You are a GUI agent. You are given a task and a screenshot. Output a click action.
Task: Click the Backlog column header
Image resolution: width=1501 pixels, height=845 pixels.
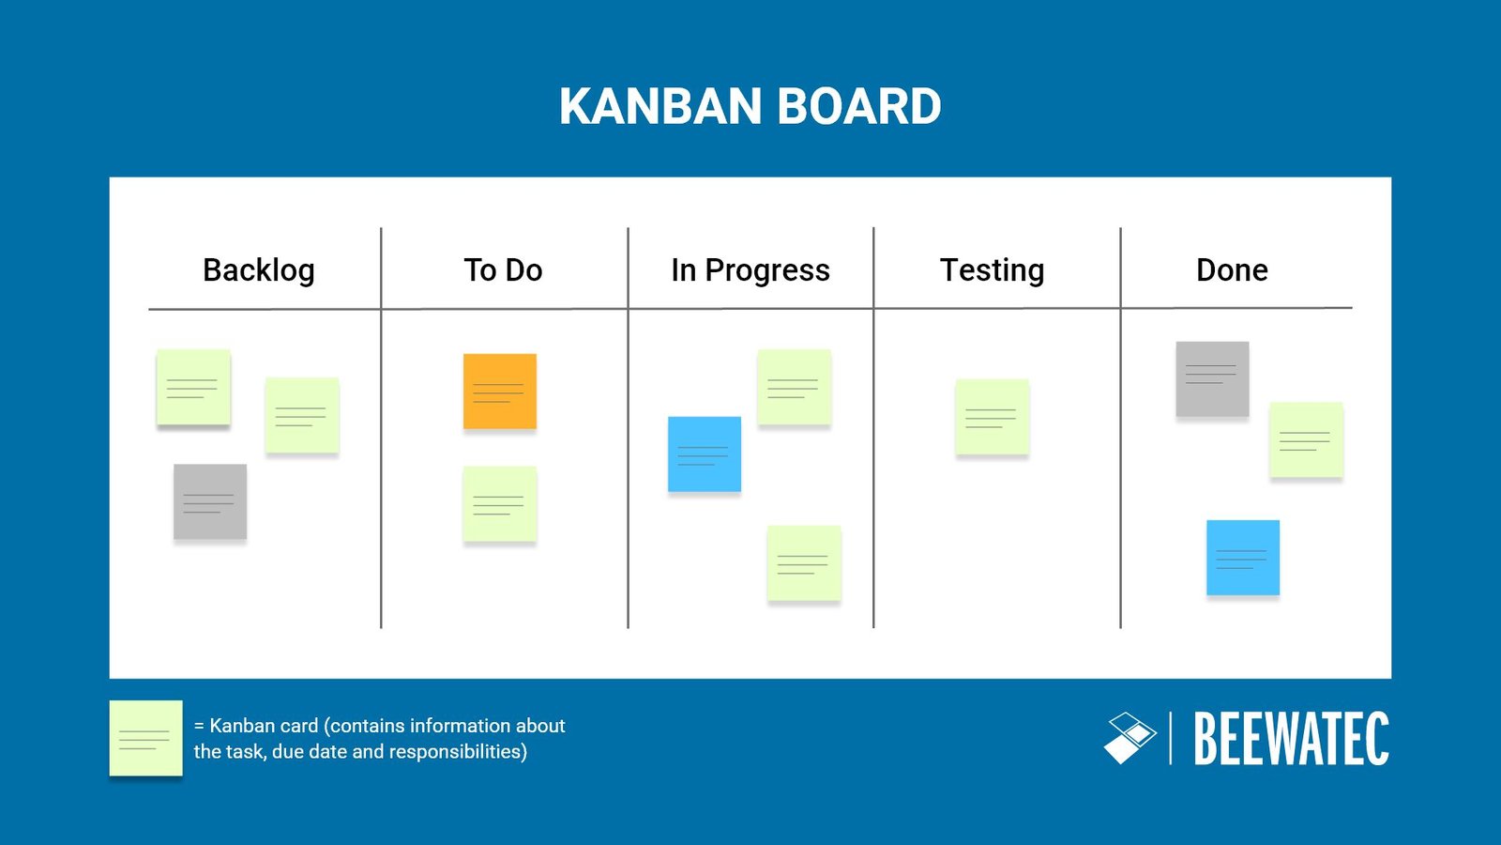(259, 270)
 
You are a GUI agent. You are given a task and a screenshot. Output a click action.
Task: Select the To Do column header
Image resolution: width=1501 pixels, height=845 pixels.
(503, 270)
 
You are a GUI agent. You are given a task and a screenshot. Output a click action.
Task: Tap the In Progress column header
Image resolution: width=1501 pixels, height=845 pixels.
(750, 270)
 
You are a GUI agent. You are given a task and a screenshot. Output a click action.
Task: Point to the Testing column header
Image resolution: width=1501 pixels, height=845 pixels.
(992, 270)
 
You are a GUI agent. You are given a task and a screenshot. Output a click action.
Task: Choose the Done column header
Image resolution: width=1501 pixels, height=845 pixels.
(1232, 270)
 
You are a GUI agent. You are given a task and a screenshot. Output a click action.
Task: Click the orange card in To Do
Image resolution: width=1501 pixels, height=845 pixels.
(500, 391)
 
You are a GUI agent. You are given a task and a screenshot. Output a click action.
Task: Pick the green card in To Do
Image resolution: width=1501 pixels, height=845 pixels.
(499, 504)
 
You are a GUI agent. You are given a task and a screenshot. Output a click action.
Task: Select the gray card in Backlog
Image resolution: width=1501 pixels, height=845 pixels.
(210, 501)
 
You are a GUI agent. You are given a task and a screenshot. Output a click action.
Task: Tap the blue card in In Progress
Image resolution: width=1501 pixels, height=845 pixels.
(705, 454)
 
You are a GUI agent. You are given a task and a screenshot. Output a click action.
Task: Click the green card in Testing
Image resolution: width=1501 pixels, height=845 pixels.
(992, 417)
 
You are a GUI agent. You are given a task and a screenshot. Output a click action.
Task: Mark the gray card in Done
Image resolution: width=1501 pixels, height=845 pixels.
(1212, 378)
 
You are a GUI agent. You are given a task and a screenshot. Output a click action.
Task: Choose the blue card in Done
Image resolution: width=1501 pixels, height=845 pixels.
(1243, 558)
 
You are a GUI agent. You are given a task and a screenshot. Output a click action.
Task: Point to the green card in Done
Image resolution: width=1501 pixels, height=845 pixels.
(1306, 439)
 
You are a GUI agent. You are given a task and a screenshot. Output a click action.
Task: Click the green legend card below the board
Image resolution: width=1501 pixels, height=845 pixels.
(145, 738)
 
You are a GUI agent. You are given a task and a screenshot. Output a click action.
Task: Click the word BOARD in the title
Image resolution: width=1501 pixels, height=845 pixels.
(859, 106)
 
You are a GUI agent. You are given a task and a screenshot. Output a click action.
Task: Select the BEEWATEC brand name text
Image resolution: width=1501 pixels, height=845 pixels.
(1291, 739)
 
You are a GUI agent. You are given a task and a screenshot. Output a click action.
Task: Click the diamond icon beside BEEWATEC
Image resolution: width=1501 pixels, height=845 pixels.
(1130, 738)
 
